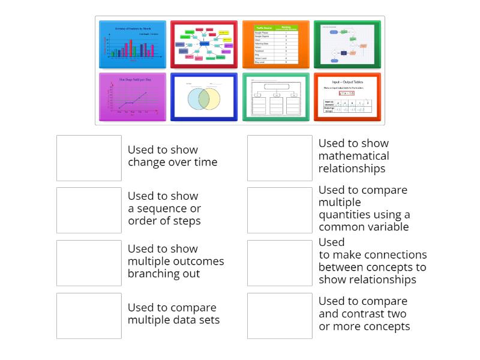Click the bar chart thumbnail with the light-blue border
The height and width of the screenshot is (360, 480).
(x=132, y=44)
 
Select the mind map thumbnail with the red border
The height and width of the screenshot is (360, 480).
(x=204, y=44)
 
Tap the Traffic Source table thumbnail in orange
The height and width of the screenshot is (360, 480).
(x=276, y=44)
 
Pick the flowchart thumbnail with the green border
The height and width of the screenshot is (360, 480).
(x=347, y=44)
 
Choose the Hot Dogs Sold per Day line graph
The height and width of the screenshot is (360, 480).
(x=132, y=97)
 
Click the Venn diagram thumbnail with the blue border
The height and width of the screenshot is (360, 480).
(x=204, y=97)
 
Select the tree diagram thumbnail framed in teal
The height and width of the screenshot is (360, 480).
(x=276, y=97)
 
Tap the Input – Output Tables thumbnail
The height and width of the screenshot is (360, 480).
(x=347, y=97)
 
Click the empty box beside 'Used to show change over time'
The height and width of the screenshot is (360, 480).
(x=89, y=158)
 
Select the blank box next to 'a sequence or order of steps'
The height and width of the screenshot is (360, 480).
(x=89, y=210)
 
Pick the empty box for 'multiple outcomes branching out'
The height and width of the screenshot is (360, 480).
(x=89, y=263)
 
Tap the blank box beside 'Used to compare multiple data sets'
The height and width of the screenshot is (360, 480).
(x=89, y=316)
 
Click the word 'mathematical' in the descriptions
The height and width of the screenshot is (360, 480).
(x=353, y=156)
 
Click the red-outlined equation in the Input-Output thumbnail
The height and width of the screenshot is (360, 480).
(x=347, y=93)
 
